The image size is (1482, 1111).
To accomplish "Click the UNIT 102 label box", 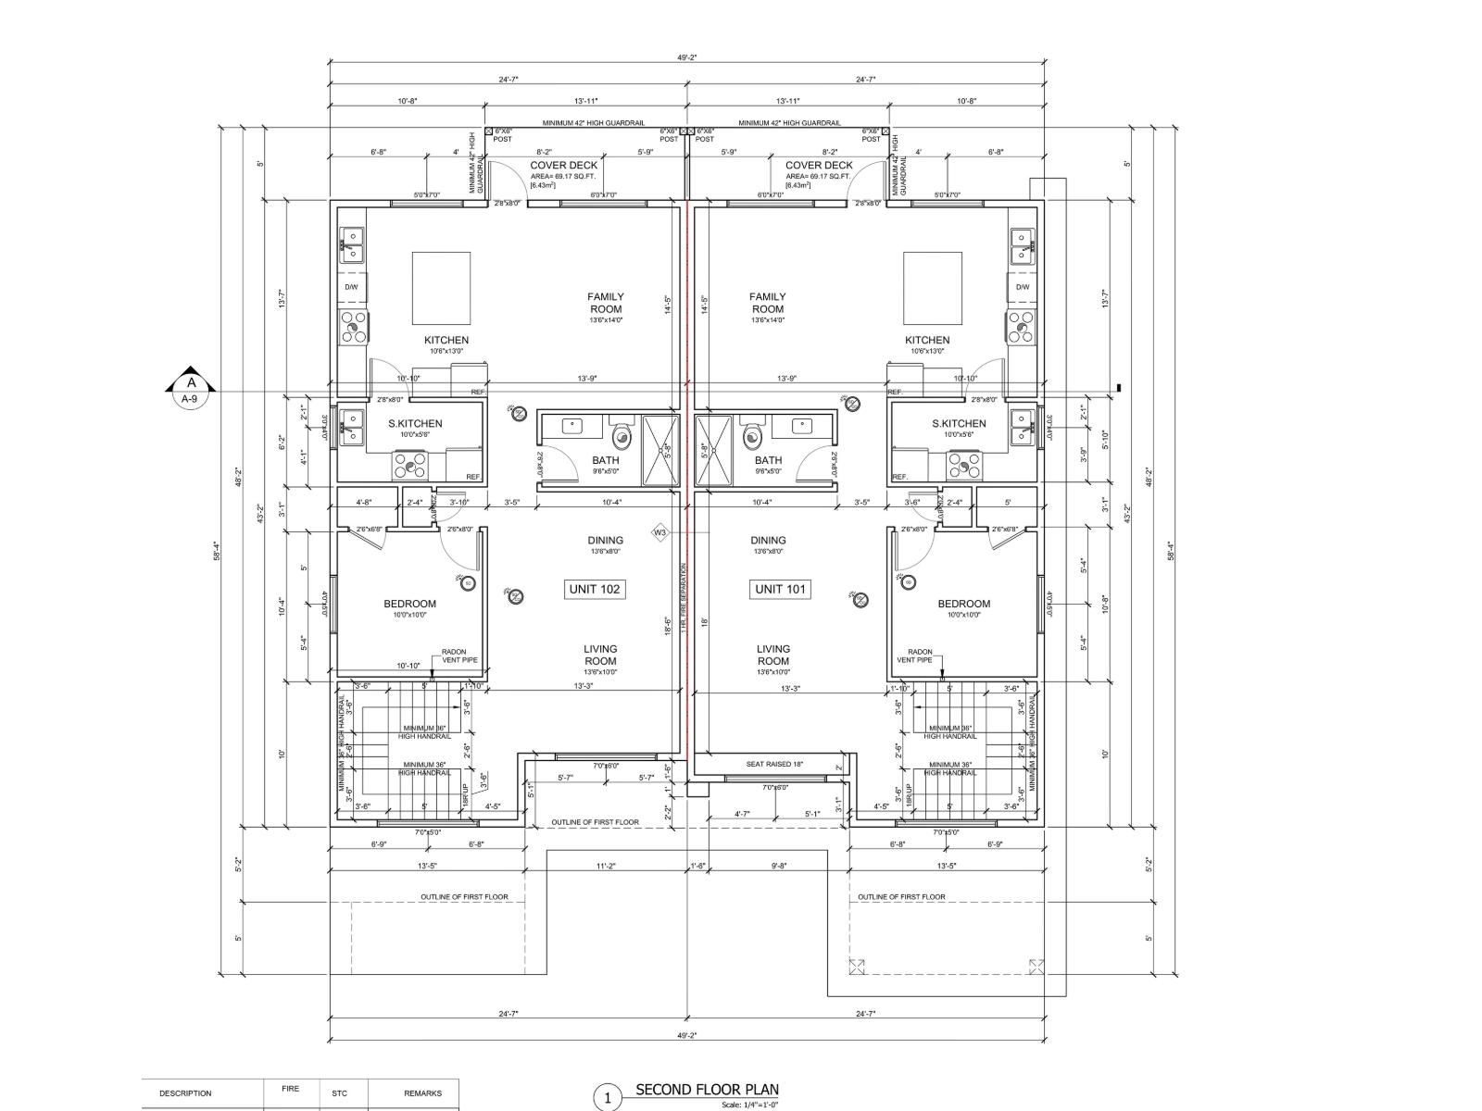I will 596,589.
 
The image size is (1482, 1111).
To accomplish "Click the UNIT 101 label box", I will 781,589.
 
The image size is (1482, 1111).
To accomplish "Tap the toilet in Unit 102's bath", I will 621,432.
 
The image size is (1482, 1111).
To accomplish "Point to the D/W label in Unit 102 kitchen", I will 352,287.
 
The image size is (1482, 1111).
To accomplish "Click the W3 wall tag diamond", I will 659,532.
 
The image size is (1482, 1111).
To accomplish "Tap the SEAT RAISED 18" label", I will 774,764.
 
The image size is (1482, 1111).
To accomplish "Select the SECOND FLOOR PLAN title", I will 707,1090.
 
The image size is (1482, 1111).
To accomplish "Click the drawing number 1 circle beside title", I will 607,1098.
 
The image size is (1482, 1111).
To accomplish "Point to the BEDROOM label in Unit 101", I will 963,604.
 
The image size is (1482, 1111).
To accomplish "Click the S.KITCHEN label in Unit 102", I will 415,423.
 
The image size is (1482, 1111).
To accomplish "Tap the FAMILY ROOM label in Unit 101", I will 768,303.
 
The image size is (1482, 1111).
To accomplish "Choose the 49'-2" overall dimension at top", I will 686,57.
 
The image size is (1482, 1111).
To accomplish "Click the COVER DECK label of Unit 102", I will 563,166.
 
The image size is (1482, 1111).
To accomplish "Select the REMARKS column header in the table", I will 429,1093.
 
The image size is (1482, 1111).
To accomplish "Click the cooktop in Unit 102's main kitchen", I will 354,326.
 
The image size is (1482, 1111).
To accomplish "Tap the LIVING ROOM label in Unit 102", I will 600,655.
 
